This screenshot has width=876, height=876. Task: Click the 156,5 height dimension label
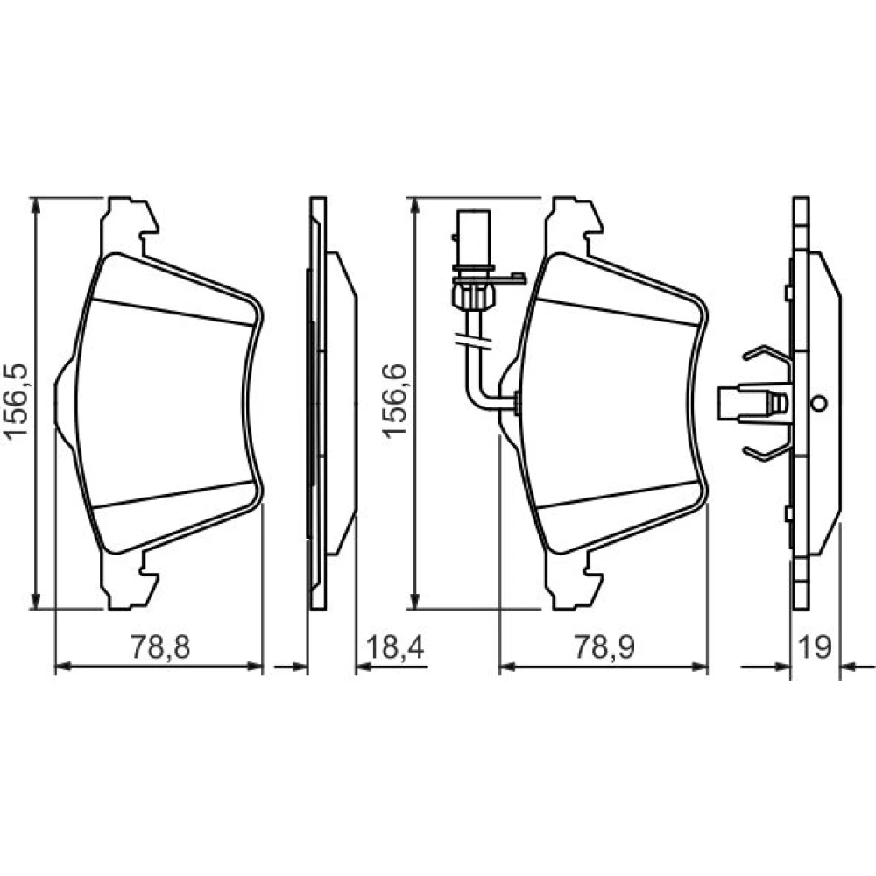(16, 401)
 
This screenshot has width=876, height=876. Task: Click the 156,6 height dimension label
(394, 400)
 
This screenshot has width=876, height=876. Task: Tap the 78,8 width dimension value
(160, 647)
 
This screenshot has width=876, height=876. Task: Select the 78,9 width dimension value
(605, 647)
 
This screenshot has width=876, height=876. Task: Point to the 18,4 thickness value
(396, 647)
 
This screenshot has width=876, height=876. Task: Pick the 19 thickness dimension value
(815, 647)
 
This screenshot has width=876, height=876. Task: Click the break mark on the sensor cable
(474, 342)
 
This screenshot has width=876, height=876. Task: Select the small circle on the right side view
(820, 403)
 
